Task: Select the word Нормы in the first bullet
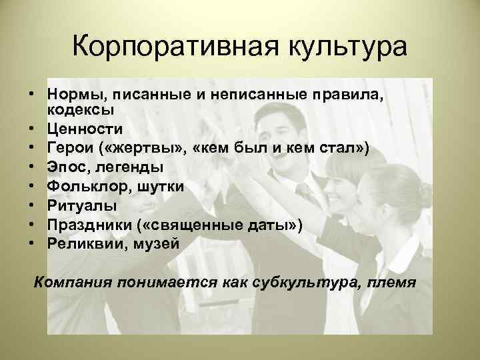75,94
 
